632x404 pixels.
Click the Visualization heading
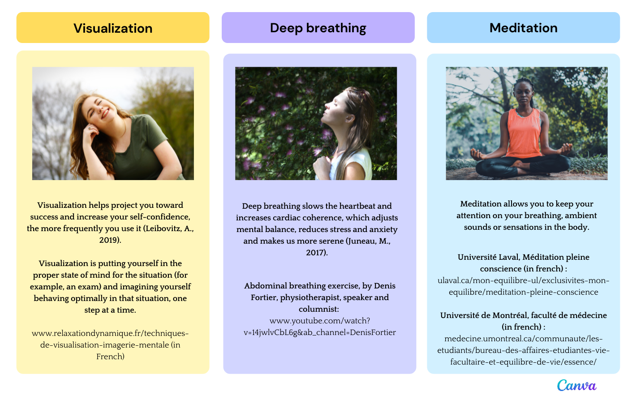click(113, 28)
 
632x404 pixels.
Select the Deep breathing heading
click(318, 28)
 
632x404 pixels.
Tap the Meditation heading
click(523, 28)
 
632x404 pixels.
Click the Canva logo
click(577, 385)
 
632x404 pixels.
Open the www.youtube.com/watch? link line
click(320, 321)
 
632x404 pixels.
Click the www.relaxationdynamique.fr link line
click(110, 333)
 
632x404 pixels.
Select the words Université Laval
click(488, 257)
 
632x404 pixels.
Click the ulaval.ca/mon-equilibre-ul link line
click(523, 280)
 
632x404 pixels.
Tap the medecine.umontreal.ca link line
click(523, 339)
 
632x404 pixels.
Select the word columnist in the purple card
click(318, 309)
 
